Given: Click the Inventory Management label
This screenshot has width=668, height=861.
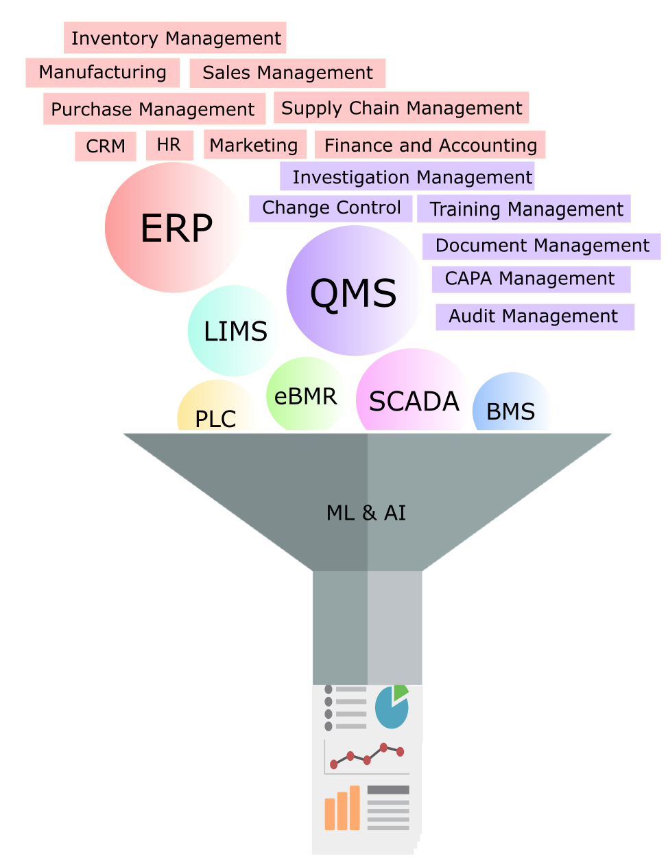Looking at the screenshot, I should (x=175, y=38).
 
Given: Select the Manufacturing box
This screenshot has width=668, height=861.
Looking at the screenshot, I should (x=102, y=72).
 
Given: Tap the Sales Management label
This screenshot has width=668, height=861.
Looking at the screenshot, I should (x=287, y=73).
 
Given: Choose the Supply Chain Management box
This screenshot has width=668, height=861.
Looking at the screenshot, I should (x=401, y=108).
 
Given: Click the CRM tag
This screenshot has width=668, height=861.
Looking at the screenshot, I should (x=106, y=146).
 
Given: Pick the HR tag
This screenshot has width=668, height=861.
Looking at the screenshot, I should (x=169, y=145).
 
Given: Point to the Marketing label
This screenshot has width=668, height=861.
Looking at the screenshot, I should (x=254, y=145).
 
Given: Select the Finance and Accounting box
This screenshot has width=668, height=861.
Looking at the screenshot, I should (x=430, y=145).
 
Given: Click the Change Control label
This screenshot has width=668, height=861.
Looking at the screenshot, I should (x=331, y=208).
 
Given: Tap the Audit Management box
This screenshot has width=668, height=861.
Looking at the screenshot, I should (x=534, y=317).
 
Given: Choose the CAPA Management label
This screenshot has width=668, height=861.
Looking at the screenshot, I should (x=530, y=279).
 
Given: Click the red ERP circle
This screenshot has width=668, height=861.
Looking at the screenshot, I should (x=175, y=228).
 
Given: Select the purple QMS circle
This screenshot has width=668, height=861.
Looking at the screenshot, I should (x=354, y=291).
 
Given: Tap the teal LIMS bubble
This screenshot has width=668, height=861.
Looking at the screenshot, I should (x=235, y=331).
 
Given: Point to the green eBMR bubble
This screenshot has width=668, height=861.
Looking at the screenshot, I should (x=306, y=395).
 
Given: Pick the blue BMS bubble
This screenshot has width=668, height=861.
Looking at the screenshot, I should (x=511, y=409).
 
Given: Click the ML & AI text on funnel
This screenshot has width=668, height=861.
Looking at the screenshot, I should (x=366, y=513).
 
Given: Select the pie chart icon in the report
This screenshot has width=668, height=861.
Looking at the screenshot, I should (x=392, y=707).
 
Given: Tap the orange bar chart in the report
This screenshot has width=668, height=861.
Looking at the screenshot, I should (x=342, y=808).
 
